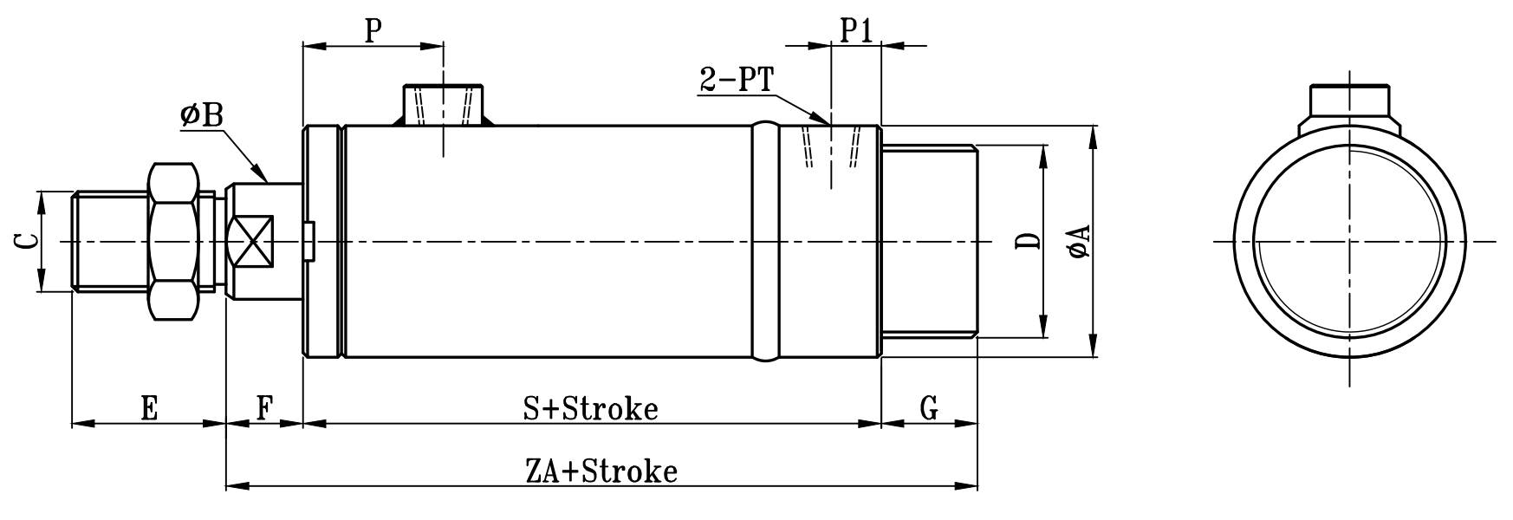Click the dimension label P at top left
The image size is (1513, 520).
(373, 31)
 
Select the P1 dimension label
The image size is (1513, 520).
(856, 31)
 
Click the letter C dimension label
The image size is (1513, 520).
(27, 242)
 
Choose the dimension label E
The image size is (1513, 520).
(149, 408)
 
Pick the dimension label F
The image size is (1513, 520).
(264, 408)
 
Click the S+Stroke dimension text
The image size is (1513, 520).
(591, 408)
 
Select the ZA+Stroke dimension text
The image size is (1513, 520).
(614, 472)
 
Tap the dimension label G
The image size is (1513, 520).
(928, 408)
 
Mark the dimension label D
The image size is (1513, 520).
(1028, 242)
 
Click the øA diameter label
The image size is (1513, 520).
(1079, 242)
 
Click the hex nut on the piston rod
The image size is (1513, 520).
(172, 241)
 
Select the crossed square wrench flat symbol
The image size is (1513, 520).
(250, 241)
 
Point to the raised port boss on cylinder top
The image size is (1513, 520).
(443, 105)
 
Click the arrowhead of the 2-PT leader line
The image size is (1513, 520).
(823, 119)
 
